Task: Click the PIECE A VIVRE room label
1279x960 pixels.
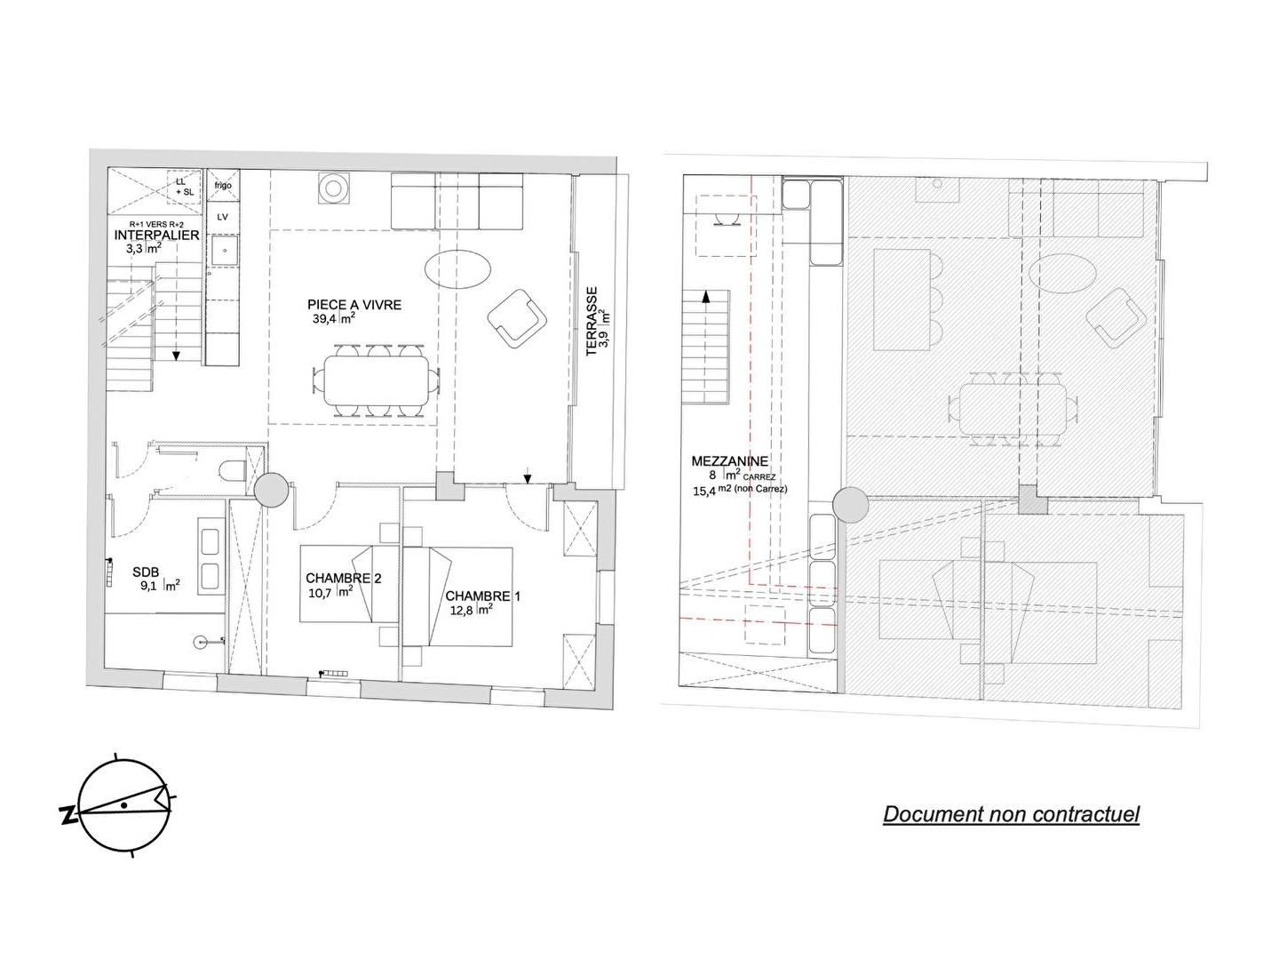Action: (354, 305)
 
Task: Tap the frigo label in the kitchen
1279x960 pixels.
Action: (223, 186)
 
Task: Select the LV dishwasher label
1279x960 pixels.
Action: (222, 217)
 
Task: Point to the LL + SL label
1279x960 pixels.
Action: (184, 187)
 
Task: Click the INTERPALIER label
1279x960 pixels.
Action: (156, 236)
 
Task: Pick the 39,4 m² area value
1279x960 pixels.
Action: (334, 319)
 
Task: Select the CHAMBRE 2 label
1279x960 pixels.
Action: (344, 578)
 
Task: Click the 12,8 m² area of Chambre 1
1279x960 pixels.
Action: (472, 611)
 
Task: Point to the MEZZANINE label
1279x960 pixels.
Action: (729, 461)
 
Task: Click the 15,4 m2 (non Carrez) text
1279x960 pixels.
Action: (740, 490)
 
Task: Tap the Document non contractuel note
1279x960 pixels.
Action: (1011, 814)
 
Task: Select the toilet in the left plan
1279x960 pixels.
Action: (234, 471)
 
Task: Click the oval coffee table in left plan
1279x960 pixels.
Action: (457, 268)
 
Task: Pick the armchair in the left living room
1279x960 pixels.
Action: (518, 319)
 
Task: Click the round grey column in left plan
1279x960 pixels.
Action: (272, 490)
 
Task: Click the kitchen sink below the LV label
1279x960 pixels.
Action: (225, 251)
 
